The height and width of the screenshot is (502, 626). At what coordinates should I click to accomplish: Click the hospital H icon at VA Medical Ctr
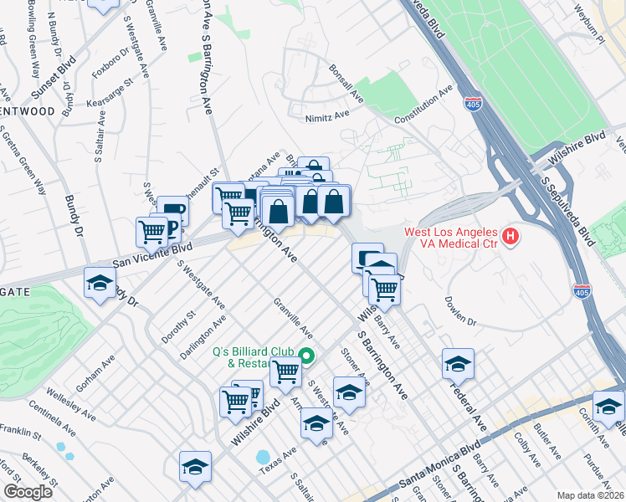click(x=511, y=238)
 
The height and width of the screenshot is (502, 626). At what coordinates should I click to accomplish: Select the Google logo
click(x=28, y=492)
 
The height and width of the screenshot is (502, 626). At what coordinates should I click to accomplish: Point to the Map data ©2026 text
click(x=590, y=495)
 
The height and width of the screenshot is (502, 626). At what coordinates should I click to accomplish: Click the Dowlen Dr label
click(x=460, y=310)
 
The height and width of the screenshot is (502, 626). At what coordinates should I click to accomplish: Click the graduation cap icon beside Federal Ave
click(x=458, y=363)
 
